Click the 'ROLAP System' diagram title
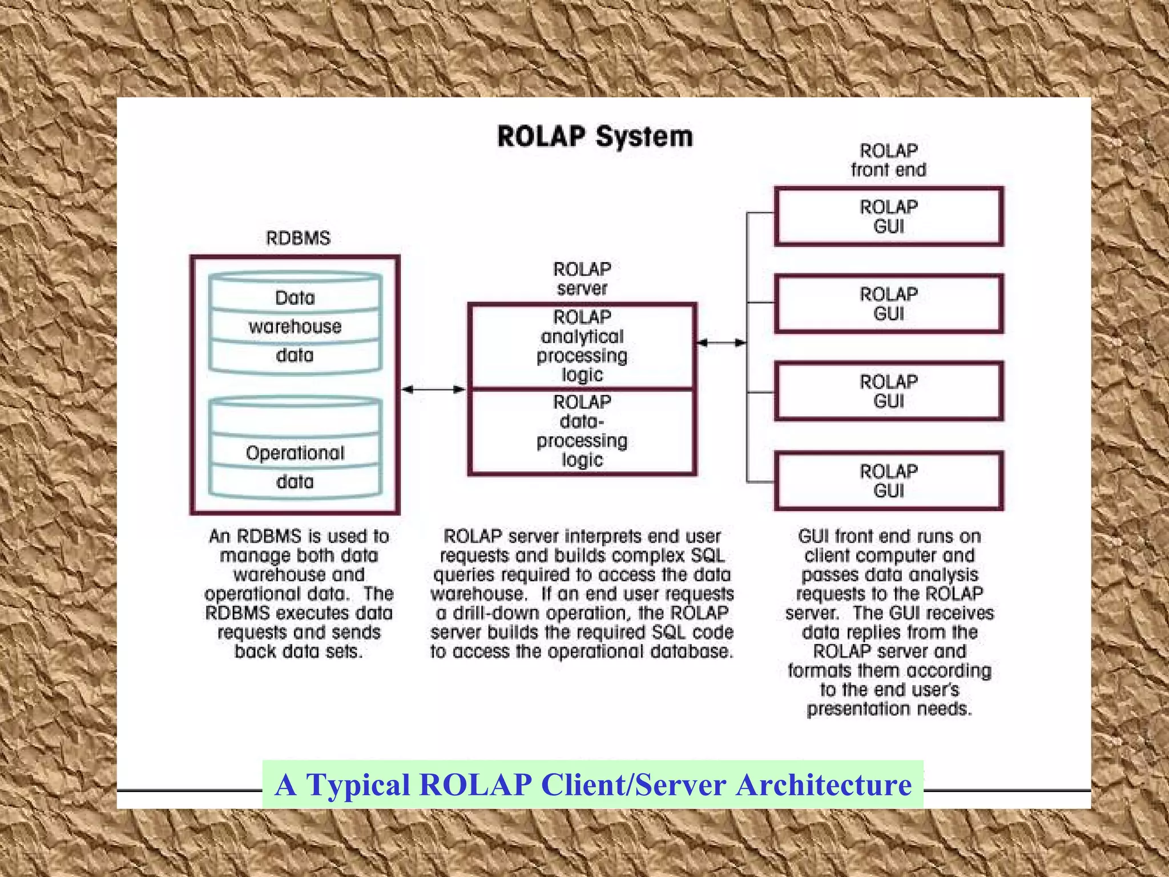point(595,137)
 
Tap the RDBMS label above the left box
point(298,238)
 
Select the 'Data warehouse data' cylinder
point(295,324)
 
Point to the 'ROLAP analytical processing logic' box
point(582,346)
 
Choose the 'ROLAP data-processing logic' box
point(582,432)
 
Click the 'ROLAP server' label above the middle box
point(582,279)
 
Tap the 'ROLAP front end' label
point(888,160)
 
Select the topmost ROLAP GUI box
point(888,216)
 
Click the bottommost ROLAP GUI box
point(888,481)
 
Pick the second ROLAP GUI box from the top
point(888,304)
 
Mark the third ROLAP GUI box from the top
point(888,391)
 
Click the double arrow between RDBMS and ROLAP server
point(434,389)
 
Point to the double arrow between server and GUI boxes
point(721,343)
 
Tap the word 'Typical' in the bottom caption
point(358,785)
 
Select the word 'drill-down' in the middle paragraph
point(489,613)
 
